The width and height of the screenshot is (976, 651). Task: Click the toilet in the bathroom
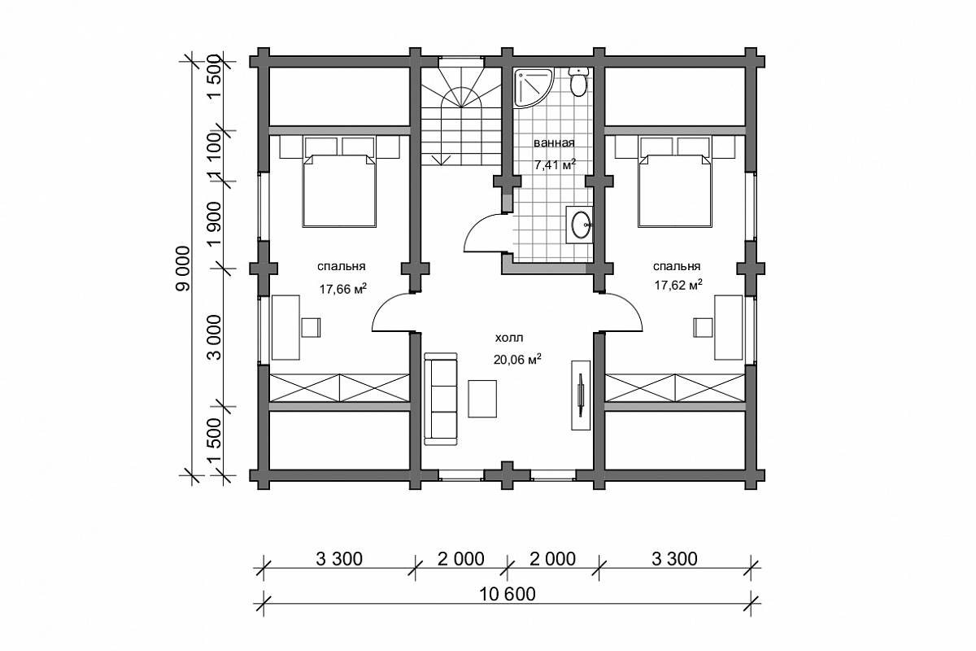(x=579, y=82)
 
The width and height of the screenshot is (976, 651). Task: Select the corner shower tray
(x=532, y=87)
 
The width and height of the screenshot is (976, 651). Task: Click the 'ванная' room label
(x=554, y=142)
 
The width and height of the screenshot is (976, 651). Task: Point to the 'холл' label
(x=509, y=338)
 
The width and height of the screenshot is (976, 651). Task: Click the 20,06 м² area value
(x=517, y=360)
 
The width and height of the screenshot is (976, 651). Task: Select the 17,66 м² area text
(x=343, y=289)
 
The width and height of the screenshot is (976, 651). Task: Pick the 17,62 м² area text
(x=678, y=285)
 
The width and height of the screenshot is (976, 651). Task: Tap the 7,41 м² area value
(x=555, y=165)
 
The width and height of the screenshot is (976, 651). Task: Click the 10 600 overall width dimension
(x=508, y=594)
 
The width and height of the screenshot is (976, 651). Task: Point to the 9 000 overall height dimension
(x=184, y=269)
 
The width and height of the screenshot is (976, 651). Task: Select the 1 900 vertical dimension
(x=215, y=225)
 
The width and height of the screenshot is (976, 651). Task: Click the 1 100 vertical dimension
(x=215, y=156)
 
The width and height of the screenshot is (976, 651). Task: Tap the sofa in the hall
(x=441, y=399)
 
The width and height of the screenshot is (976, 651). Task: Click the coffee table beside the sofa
(x=482, y=399)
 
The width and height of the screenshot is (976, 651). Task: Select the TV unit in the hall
(x=581, y=395)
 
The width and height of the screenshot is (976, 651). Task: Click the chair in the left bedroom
(x=311, y=327)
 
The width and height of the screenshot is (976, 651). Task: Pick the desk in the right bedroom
(x=728, y=327)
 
